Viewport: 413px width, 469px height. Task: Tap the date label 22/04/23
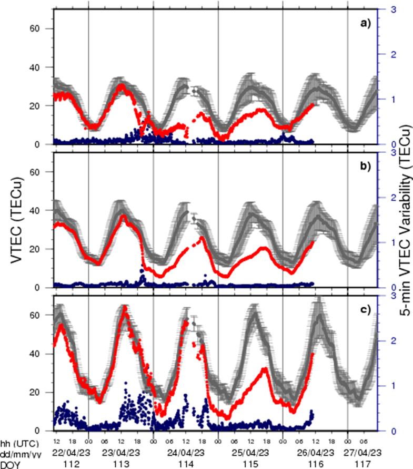point(70,453)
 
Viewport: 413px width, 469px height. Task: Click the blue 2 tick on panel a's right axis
point(392,54)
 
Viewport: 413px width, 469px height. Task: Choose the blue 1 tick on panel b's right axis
point(392,242)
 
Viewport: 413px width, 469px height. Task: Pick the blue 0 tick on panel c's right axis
point(392,431)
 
